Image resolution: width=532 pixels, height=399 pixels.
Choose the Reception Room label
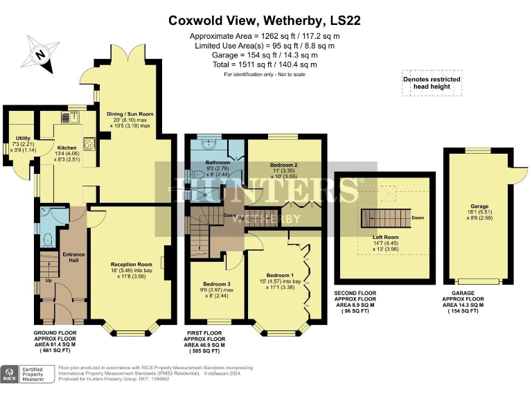tap(131, 264)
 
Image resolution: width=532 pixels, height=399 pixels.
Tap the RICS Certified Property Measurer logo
tap(28, 373)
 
